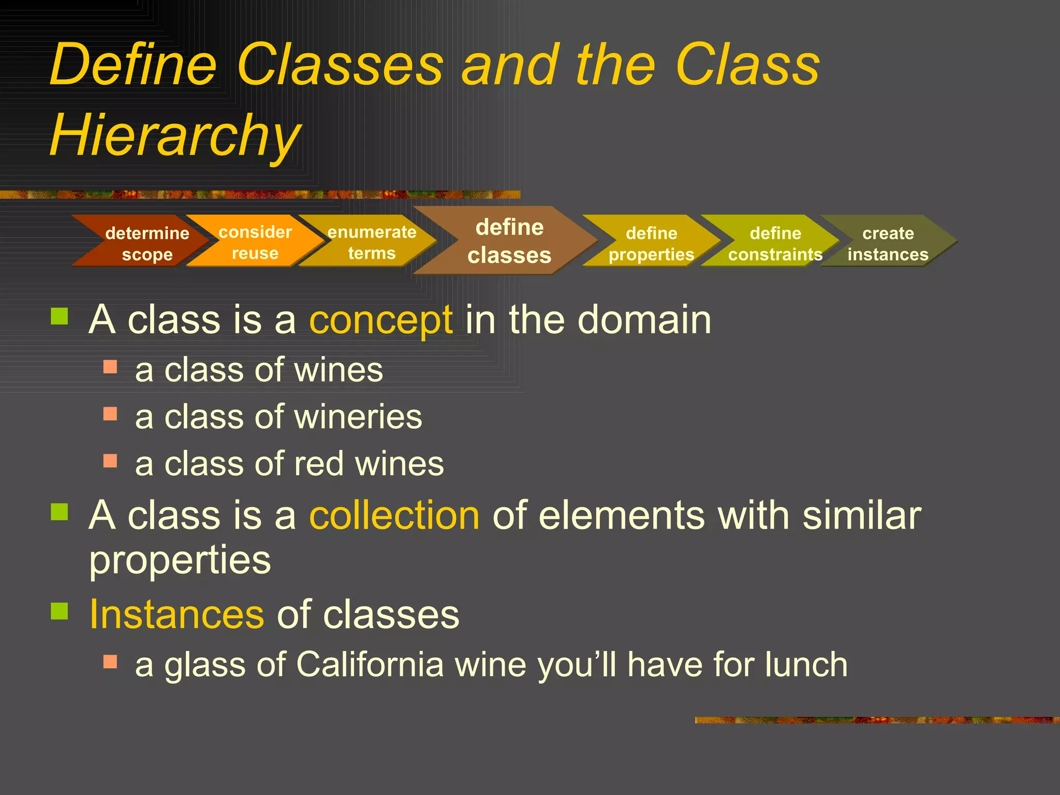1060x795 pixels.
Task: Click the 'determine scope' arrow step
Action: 146,243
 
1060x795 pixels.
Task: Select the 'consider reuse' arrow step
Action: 255,242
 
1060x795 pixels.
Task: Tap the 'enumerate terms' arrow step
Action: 372,242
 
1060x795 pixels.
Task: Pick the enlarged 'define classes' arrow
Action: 509,241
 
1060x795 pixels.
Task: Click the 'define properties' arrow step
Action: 651,243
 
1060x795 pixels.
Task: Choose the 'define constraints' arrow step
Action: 775,243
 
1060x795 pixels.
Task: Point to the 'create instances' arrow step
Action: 888,243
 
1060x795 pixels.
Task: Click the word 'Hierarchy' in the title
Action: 175,135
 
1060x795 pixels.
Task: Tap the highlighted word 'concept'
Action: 381,320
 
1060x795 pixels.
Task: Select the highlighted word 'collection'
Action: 394,516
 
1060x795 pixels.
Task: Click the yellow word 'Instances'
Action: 176,614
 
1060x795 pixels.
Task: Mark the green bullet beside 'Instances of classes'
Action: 60,611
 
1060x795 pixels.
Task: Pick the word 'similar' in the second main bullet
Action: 862,516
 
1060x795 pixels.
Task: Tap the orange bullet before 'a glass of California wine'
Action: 110,662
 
